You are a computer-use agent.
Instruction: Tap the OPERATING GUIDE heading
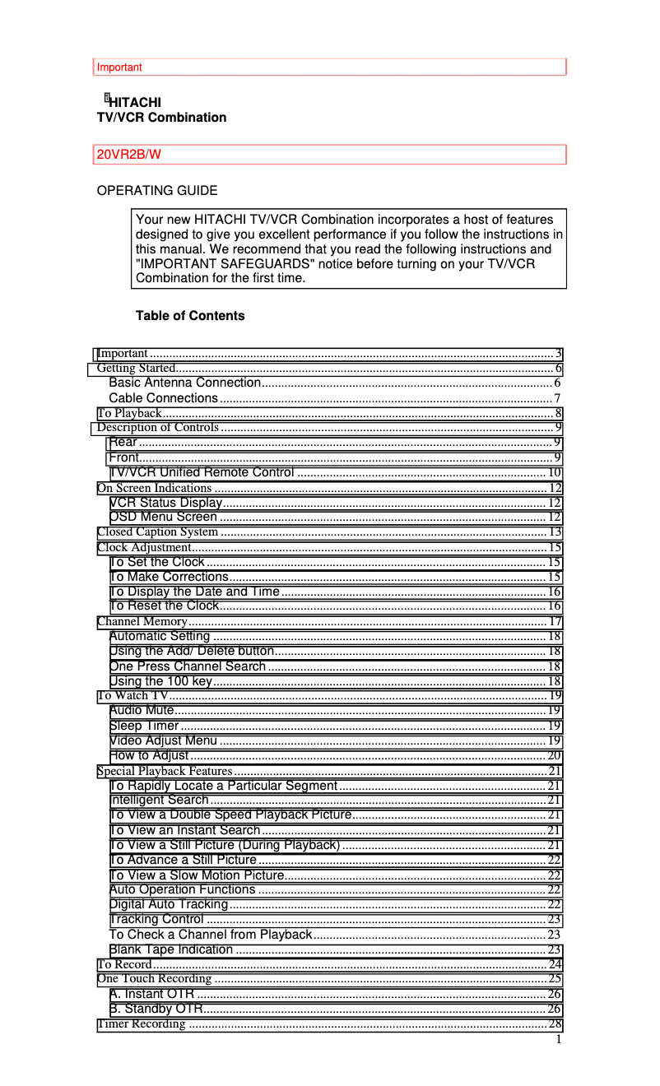(157, 191)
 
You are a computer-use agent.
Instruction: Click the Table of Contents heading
(190, 316)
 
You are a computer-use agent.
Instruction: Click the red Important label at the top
(119, 67)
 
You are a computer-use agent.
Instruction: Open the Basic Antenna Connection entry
(185, 383)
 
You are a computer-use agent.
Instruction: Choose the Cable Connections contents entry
(164, 398)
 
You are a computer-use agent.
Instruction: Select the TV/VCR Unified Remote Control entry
(202, 472)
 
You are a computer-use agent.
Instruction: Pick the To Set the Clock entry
(157, 562)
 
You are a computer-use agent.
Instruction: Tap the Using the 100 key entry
(161, 681)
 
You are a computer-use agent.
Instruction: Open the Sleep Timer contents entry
(144, 726)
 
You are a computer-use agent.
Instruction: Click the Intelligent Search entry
(159, 800)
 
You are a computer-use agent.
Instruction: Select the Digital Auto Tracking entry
(169, 904)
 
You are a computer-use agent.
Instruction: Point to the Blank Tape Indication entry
(171, 949)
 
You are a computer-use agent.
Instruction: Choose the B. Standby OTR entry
(156, 1009)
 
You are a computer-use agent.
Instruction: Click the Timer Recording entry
(142, 1023)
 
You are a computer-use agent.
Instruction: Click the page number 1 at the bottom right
(559, 1039)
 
